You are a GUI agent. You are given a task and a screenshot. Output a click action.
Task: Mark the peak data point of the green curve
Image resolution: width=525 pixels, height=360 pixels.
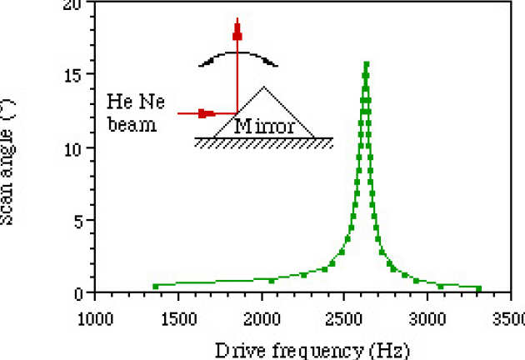click(366, 63)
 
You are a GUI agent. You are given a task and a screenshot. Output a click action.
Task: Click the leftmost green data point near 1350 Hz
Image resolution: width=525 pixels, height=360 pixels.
click(156, 286)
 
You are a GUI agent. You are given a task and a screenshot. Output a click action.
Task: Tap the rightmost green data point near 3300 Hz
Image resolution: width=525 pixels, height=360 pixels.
click(479, 288)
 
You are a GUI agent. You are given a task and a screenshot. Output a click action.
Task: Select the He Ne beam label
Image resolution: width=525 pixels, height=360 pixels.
click(137, 112)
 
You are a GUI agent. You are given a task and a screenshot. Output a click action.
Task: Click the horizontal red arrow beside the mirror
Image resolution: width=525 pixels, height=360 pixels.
click(206, 113)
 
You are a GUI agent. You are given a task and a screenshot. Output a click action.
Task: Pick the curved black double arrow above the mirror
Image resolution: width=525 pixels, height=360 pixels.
click(237, 57)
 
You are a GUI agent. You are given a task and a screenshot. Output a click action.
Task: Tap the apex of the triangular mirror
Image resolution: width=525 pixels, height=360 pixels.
click(263, 87)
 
